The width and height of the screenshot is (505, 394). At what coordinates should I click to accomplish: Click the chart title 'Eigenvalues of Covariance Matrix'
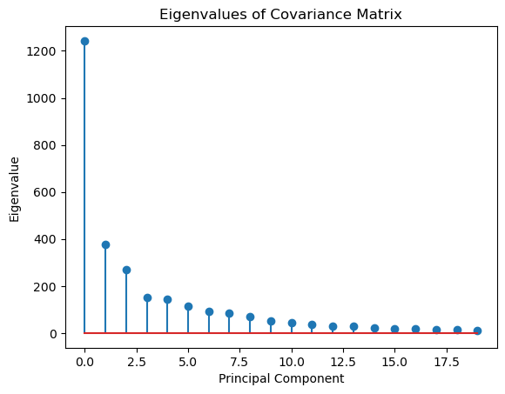(280, 14)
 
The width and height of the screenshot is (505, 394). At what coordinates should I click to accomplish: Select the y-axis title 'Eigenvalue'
(15, 189)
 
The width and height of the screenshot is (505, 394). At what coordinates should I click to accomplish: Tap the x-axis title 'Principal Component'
(280, 378)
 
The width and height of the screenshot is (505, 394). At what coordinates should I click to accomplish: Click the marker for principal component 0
(84, 41)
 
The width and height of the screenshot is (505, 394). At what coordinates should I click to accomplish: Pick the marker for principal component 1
(105, 244)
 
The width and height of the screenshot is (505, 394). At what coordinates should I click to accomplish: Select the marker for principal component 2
(126, 270)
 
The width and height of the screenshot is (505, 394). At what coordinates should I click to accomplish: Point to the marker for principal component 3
(147, 297)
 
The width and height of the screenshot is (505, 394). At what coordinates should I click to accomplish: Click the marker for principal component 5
(188, 306)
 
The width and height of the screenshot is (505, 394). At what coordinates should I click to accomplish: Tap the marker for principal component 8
(250, 317)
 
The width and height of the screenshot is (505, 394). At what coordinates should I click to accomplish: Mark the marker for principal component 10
(292, 323)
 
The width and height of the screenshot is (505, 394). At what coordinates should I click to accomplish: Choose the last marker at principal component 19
(477, 331)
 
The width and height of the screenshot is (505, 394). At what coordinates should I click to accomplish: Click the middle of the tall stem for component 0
(84, 187)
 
